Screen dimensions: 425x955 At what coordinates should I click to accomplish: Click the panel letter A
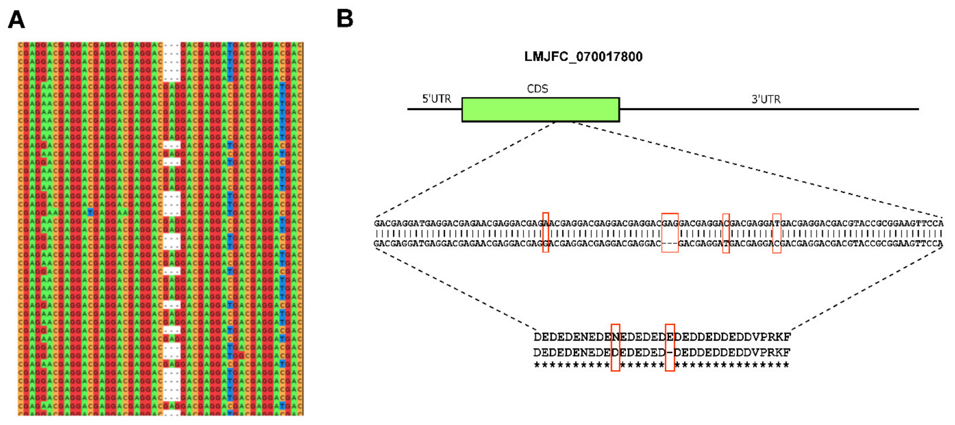(16, 19)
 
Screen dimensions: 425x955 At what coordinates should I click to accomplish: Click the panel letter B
(345, 19)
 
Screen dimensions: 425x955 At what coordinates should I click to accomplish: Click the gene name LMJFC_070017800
(583, 57)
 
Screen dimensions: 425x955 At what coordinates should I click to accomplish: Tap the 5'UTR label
(436, 99)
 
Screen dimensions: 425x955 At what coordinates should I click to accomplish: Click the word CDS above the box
(537, 89)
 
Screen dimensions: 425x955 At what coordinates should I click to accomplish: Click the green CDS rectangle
(540, 109)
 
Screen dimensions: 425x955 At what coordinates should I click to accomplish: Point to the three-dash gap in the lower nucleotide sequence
(670, 244)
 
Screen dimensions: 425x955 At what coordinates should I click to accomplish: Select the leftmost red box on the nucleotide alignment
(545, 233)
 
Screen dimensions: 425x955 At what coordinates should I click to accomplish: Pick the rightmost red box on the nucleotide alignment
(776, 233)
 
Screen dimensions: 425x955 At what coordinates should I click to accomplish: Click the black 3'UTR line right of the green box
(768, 109)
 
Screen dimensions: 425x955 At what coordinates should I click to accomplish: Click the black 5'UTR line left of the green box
(434, 109)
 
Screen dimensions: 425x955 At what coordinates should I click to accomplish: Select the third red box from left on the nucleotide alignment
(725, 233)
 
